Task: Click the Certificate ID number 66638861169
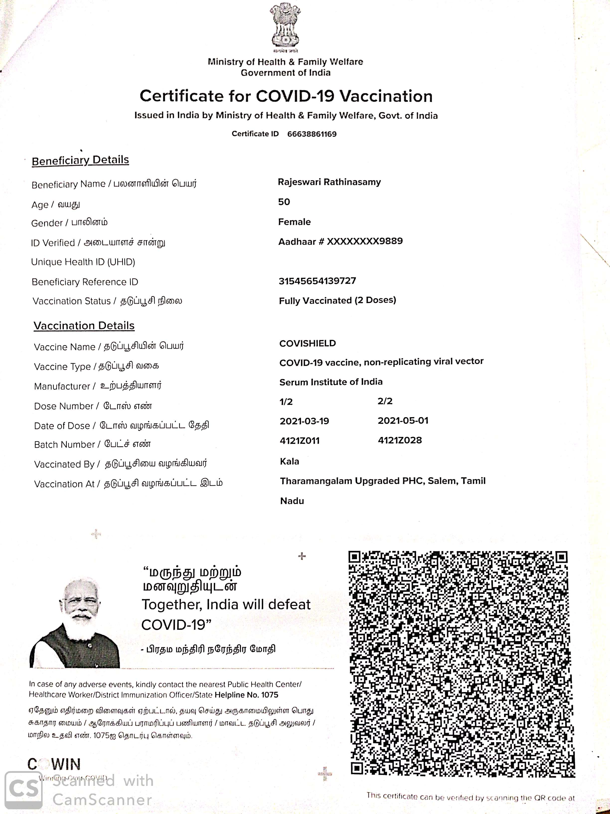(312, 134)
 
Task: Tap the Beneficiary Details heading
(80, 160)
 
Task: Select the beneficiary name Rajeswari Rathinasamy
(329, 182)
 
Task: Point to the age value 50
(284, 202)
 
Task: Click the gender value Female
(294, 222)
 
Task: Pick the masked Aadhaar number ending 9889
(340, 241)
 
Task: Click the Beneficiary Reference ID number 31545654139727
(317, 281)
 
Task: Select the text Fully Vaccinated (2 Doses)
(337, 301)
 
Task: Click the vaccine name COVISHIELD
(307, 343)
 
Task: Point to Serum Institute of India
(331, 382)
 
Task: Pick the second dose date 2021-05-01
(403, 421)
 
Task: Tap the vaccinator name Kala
(289, 461)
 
